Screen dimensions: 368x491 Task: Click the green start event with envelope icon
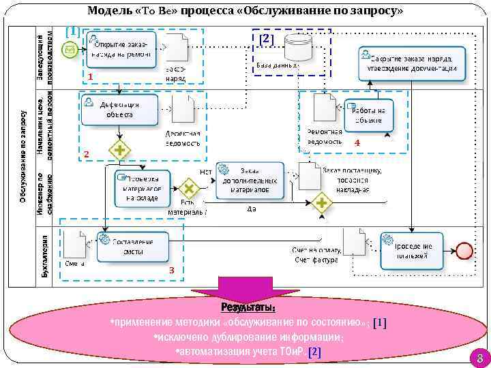(70, 48)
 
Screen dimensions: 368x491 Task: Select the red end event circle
(466, 250)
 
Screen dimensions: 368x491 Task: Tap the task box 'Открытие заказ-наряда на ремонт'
(120, 49)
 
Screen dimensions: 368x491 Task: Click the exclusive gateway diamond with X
(189, 188)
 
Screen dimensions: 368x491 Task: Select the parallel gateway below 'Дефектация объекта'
(121, 149)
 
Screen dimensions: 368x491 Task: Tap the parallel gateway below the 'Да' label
(321, 202)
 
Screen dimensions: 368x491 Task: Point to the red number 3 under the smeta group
(172, 271)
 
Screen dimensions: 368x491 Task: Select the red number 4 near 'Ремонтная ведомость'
(357, 143)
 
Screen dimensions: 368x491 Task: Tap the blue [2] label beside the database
(266, 39)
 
